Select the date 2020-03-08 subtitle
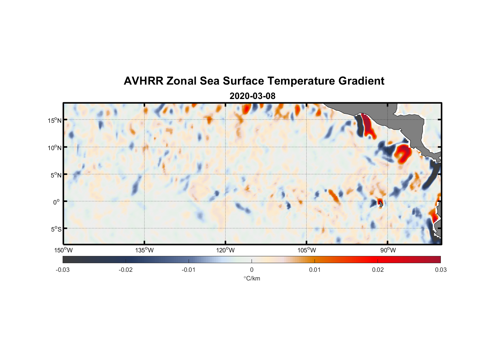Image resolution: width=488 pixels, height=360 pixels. click(x=252, y=96)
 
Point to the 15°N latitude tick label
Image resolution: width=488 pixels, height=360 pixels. click(x=55, y=120)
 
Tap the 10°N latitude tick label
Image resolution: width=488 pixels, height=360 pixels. click(x=55, y=148)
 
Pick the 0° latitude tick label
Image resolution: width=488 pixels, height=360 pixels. click(x=57, y=202)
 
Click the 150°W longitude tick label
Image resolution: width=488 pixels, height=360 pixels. click(x=64, y=250)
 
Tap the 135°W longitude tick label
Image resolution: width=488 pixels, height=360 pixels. click(x=145, y=250)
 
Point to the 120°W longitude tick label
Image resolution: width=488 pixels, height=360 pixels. click(x=226, y=250)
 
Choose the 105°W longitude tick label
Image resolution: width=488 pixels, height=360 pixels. click(x=307, y=250)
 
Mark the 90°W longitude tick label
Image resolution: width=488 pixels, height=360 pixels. click(x=388, y=250)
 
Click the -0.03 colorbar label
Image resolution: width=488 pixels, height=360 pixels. click(x=63, y=270)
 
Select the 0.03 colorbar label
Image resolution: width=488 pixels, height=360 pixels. click(x=440, y=270)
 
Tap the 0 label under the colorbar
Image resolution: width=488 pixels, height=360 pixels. click(x=252, y=270)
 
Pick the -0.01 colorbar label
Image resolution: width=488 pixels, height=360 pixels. click(x=189, y=270)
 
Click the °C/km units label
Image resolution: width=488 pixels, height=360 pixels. click(x=252, y=278)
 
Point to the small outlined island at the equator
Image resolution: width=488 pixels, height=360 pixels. click(x=380, y=204)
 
